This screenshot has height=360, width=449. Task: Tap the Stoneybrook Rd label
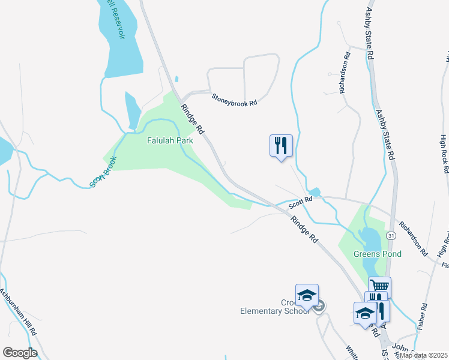tap(234, 99)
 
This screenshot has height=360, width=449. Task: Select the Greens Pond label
tap(376, 254)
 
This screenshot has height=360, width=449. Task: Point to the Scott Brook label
tap(103, 173)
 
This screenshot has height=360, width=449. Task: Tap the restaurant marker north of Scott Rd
tap(281, 146)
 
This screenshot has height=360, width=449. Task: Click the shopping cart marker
tap(379, 287)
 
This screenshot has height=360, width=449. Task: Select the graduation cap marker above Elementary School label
tap(307, 295)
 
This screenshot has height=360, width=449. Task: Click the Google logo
tap(20, 353)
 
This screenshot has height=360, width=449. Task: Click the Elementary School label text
tap(274, 310)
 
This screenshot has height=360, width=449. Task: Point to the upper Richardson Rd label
tap(344, 72)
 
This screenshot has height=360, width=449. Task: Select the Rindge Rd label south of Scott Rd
tap(304, 229)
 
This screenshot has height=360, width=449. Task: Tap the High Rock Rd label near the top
tap(444, 154)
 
